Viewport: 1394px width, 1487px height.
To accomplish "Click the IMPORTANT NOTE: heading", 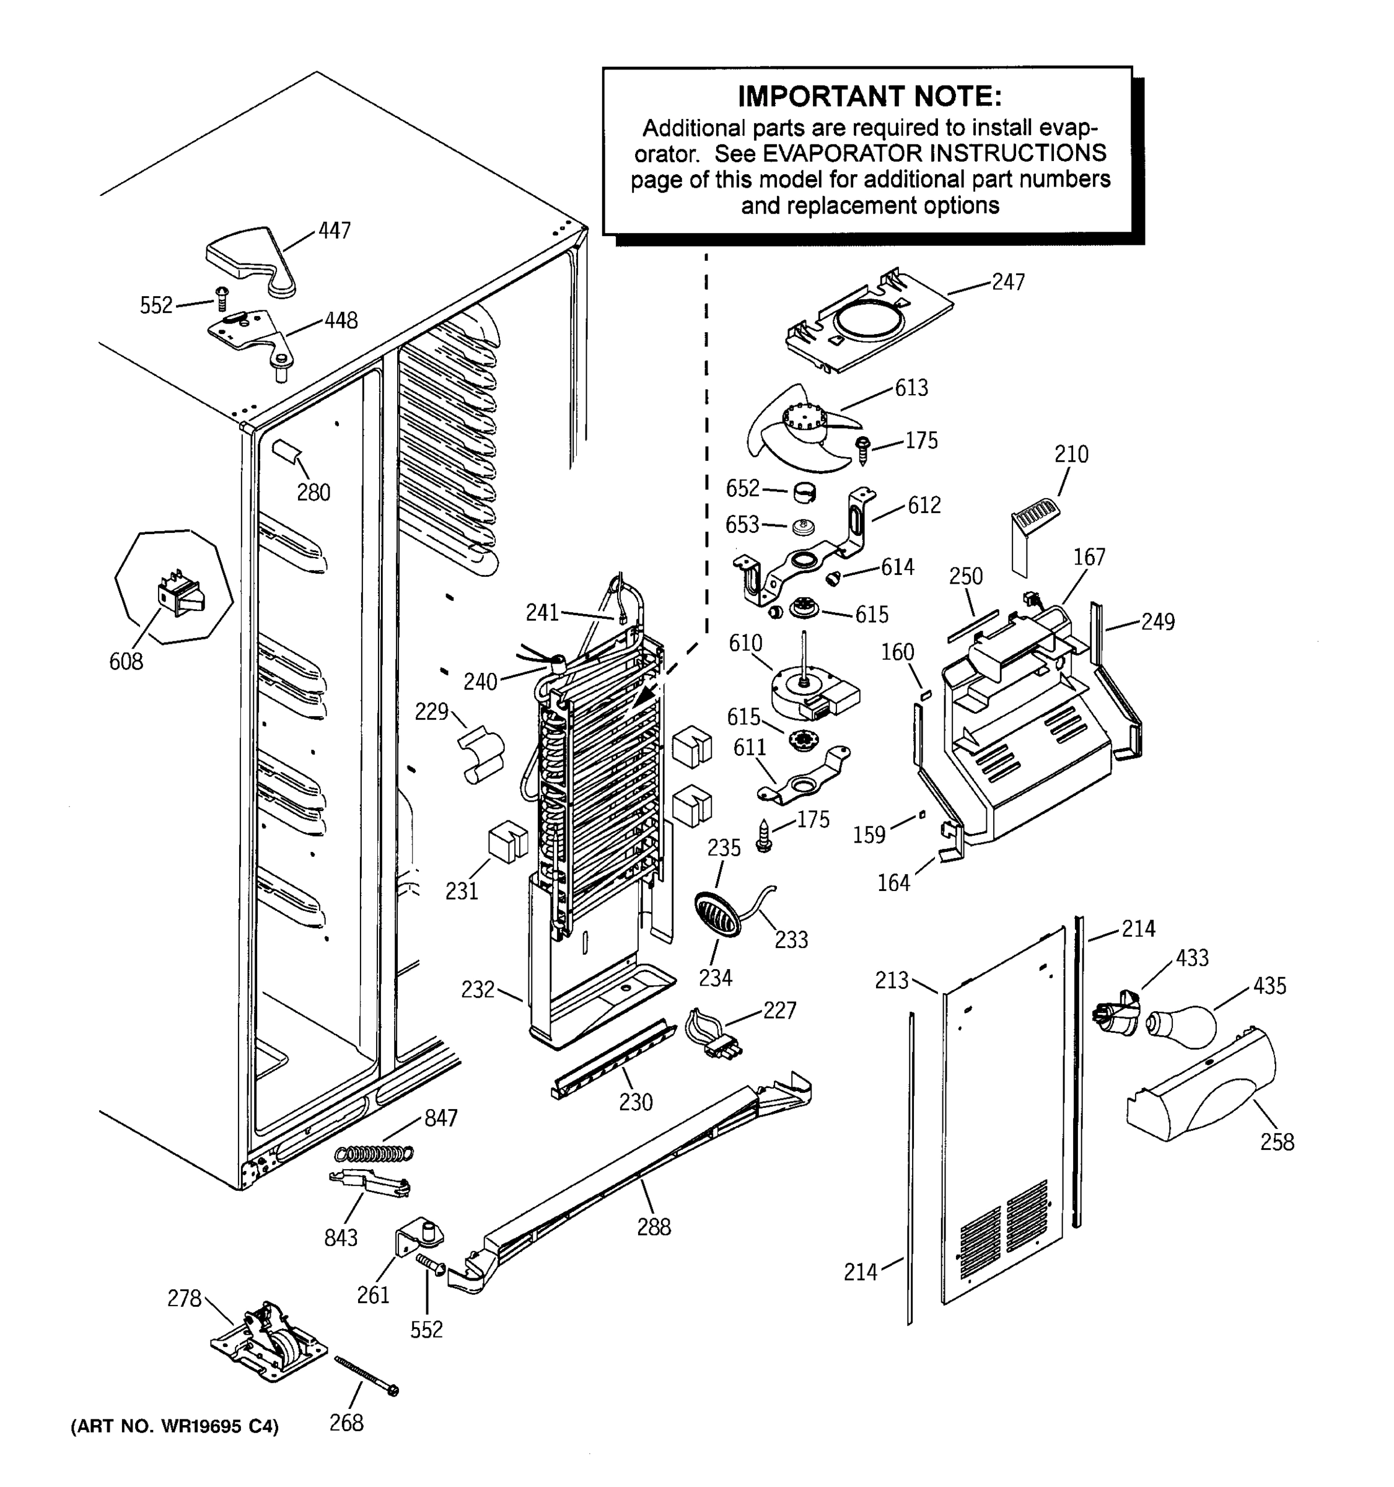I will [869, 97].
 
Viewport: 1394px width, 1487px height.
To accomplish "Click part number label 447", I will [335, 231].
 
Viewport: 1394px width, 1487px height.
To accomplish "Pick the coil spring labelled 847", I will [374, 1154].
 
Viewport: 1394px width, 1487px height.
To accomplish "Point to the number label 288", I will [653, 1227].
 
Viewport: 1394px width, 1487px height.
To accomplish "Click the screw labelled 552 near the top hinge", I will [221, 299].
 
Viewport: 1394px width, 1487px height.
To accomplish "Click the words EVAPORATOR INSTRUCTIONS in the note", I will [933, 153].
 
